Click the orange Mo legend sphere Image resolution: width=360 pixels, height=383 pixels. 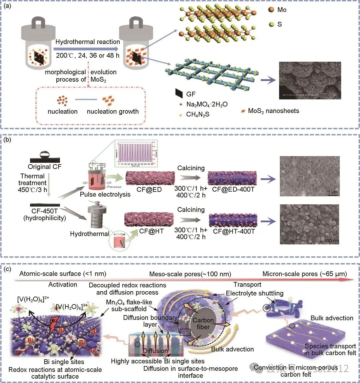[271, 10]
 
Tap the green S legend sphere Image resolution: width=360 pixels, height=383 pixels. [271, 24]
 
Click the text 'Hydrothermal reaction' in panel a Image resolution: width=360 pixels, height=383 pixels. [88, 42]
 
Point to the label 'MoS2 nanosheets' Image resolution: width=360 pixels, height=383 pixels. [273, 111]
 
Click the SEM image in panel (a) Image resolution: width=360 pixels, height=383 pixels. [310, 80]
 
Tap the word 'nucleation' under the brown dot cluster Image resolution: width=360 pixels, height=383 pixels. [63, 111]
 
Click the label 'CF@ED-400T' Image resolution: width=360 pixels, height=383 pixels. [233, 189]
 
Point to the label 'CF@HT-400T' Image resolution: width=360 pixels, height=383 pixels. [234, 231]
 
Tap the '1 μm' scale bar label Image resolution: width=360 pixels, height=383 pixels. [332, 192]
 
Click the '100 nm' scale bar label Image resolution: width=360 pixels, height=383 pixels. [331, 241]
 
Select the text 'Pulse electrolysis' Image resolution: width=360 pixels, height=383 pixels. [105, 194]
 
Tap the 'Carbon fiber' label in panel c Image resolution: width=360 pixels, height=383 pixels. [203, 324]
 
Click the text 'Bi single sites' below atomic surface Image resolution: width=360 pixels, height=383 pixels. [64, 362]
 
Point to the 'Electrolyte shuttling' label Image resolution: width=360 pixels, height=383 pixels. [255, 293]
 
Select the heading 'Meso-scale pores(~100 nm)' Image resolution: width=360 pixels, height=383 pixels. [190, 274]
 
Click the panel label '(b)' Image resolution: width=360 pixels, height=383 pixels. [7, 140]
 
